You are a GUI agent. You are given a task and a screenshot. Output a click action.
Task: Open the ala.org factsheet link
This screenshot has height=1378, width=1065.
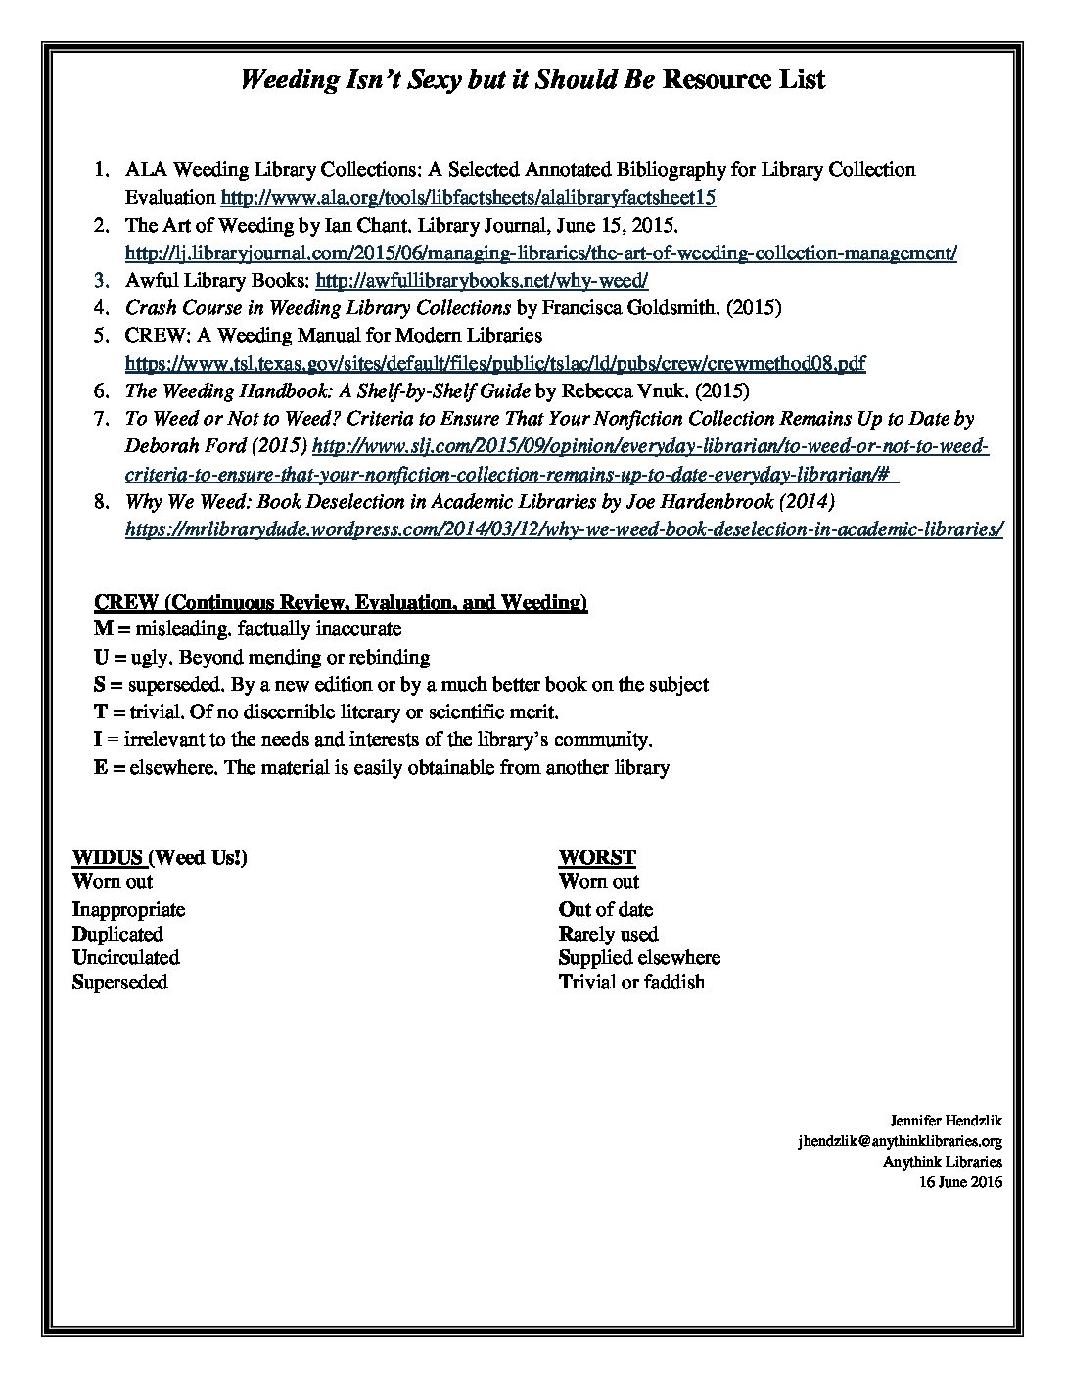(469, 198)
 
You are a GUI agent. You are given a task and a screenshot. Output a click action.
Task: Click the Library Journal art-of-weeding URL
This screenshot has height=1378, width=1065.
(540, 253)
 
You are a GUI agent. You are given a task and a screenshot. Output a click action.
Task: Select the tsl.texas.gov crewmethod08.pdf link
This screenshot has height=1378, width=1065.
(495, 364)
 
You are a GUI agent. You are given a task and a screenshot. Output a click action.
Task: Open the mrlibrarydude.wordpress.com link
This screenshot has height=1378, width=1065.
(564, 529)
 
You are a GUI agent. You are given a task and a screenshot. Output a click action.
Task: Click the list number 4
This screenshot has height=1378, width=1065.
(101, 308)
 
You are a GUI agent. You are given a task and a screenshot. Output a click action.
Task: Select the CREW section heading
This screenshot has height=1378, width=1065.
(340, 601)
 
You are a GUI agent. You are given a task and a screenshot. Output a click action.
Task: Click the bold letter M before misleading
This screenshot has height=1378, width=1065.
(102, 629)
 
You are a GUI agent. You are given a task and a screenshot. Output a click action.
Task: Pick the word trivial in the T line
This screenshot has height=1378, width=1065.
(153, 712)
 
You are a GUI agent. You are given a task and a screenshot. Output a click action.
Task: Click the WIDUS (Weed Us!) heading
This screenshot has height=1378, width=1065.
(160, 857)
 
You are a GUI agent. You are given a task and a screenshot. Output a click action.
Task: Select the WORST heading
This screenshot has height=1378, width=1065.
(597, 857)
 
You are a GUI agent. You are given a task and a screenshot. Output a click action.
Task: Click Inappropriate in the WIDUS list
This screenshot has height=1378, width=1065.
(128, 909)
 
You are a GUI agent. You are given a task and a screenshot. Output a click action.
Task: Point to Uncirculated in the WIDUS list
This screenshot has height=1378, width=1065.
(126, 957)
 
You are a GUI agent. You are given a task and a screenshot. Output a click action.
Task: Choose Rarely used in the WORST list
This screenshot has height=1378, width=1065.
(608, 934)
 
